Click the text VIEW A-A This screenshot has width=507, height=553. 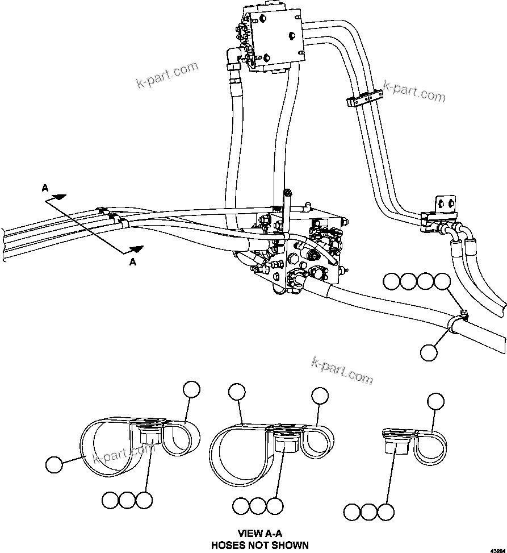pyautogui.click(x=260, y=534)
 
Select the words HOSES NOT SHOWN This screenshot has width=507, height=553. pyautogui.click(x=260, y=545)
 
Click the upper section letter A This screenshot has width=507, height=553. pyautogui.click(x=45, y=188)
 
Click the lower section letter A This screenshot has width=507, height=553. pyautogui.click(x=133, y=262)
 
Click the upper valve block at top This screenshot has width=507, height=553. pyautogui.click(x=274, y=39)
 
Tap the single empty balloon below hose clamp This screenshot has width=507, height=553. pyautogui.click(x=429, y=352)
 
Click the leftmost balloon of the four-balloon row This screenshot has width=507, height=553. pyautogui.click(x=392, y=281)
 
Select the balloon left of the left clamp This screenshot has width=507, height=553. pyautogui.click(x=55, y=464)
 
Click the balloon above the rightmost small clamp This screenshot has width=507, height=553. pyautogui.click(x=435, y=401)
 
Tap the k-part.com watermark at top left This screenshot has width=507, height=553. pyautogui.click(x=167, y=74)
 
